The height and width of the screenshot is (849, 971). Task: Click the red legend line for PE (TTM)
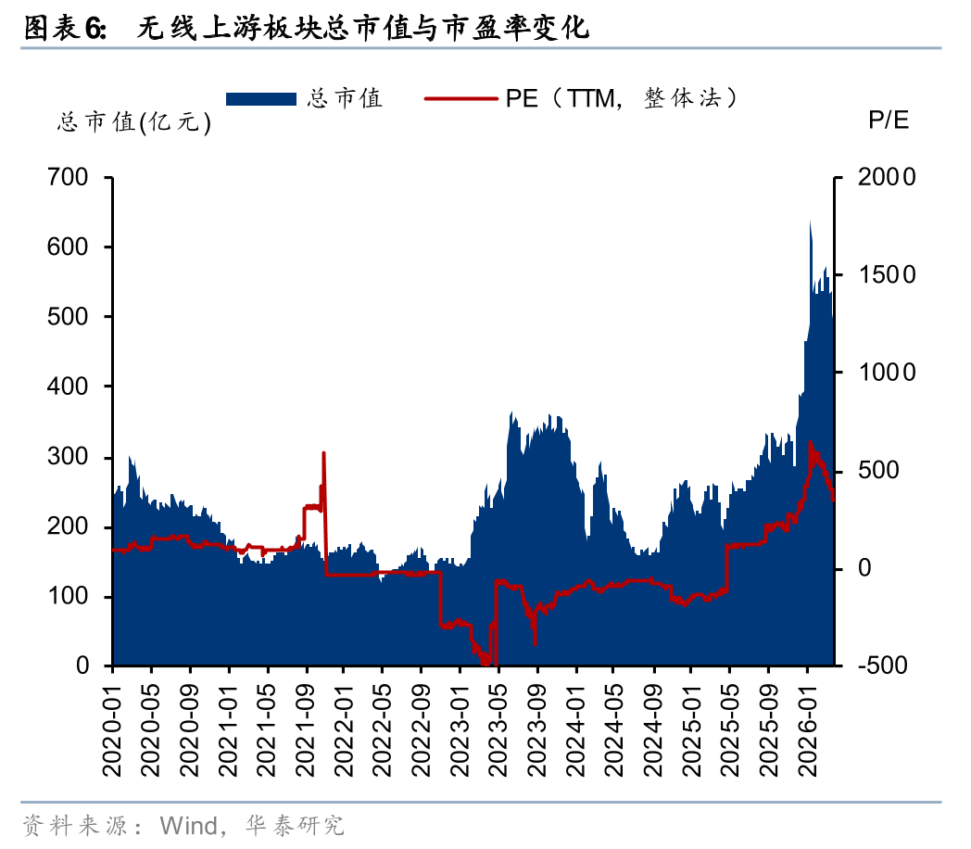pos(460,97)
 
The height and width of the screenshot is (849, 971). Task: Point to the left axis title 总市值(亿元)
pos(134,123)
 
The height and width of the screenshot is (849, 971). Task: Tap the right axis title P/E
pos(889,120)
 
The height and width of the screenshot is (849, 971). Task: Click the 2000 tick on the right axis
pos(885,177)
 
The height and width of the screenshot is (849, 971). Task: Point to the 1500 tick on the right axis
pos(885,275)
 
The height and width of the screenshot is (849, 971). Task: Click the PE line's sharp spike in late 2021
pos(323,453)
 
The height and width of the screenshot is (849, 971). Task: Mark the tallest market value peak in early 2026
pos(810,222)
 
